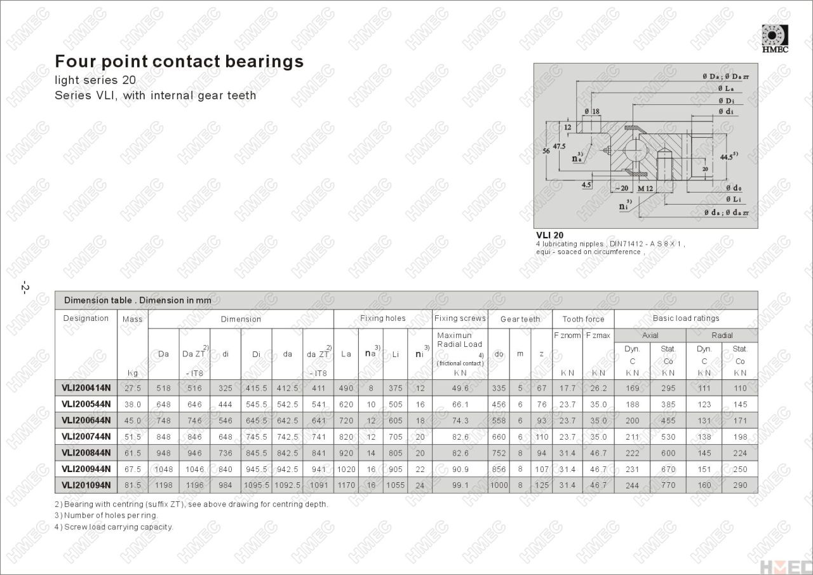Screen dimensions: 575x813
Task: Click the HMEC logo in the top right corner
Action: click(x=775, y=38)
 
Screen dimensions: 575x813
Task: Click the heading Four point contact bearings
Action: click(x=179, y=62)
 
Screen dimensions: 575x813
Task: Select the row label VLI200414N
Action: click(x=86, y=388)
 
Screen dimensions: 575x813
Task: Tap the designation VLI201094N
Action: click(x=86, y=485)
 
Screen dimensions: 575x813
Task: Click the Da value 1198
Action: click(x=163, y=485)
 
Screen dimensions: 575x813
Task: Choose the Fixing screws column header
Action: click(x=460, y=318)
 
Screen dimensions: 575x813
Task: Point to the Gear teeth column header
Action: click(x=520, y=319)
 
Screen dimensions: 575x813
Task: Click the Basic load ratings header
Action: click(x=686, y=318)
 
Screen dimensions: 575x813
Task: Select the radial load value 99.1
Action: click(x=460, y=485)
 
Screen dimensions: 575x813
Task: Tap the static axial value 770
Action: click(x=668, y=485)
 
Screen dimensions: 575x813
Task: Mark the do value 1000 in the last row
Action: click(x=499, y=485)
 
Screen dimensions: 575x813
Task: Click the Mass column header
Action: click(x=133, y=319)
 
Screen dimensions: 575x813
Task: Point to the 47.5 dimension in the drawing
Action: click(x=559, y=146)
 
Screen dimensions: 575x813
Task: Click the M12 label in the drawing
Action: click(x=645, y=188)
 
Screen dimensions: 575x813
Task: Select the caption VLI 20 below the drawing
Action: click(x=549, y=235)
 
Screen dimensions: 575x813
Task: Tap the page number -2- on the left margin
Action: click(x=25, y=287)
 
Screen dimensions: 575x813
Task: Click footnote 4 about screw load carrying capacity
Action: click(x=114, y=527)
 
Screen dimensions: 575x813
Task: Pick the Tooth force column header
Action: click(x=583, y=319)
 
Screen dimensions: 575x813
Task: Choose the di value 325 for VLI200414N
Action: click(x=225, y=388)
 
